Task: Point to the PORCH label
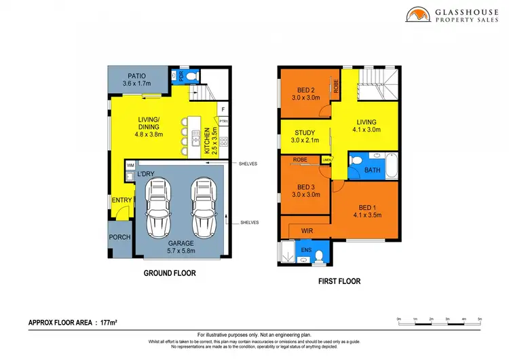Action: click(x=119, y=237)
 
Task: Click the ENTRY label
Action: click(x=121, y=200)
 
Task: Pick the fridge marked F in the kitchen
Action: click(x=222, y=109)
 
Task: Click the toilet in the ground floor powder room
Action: click(x=191, y=75)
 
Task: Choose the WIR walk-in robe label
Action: click(x=306, y=230)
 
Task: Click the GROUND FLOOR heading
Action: click(x=169, y=273)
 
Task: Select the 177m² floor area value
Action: click(x=108, y=323)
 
